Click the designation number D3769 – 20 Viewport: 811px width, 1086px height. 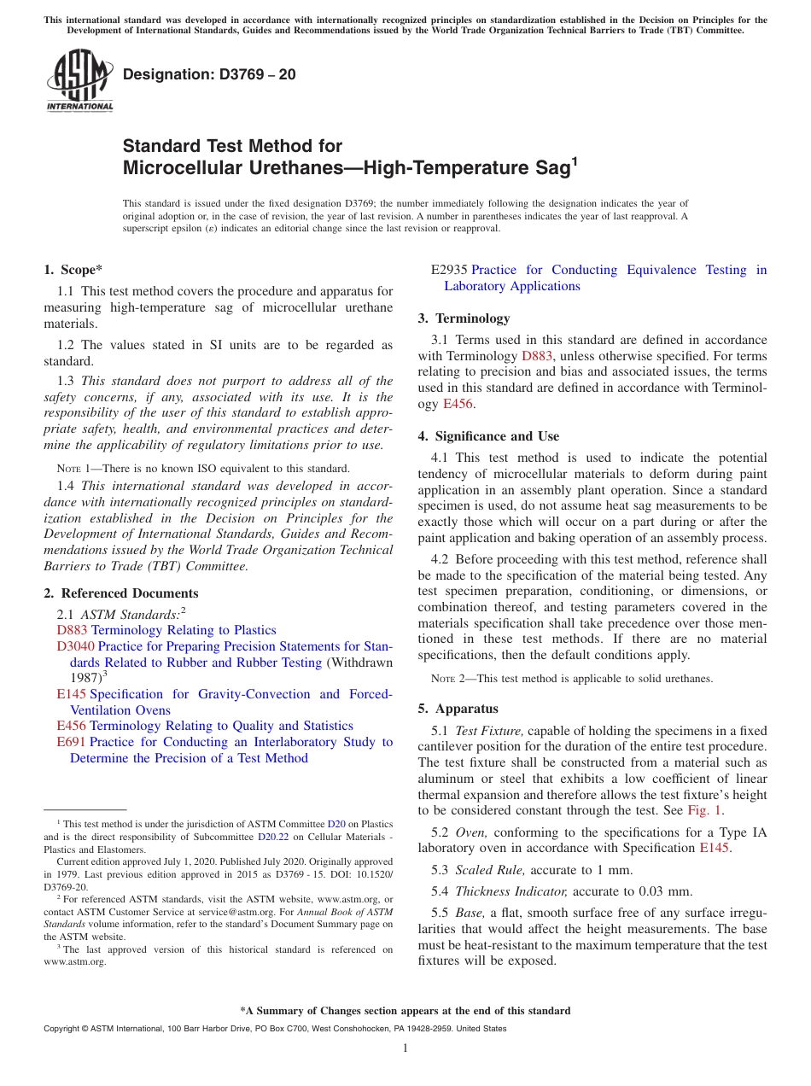click(209, 74)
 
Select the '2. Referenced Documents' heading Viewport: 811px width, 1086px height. click(120, 593)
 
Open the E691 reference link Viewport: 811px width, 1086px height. click(71, 742)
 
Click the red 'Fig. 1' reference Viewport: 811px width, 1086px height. click(705, 810)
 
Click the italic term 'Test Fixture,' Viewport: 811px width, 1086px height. click(489, 731)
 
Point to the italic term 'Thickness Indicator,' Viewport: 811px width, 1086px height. click(512, 891)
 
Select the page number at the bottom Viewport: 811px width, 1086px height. click(405, 1048)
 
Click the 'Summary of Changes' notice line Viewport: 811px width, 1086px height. click(405, 1011)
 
